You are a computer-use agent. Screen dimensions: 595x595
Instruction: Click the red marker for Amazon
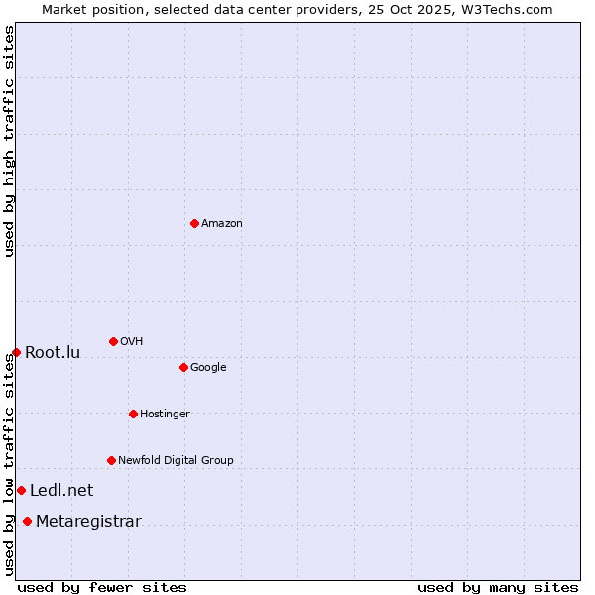194,223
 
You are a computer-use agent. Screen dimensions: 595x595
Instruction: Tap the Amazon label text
222,224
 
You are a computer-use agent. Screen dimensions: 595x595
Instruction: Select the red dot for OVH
113,341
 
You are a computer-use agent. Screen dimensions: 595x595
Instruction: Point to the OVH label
132,342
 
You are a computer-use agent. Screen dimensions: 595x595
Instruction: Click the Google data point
183,367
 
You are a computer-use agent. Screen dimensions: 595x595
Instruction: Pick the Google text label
208,368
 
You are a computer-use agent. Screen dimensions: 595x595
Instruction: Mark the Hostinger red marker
133,414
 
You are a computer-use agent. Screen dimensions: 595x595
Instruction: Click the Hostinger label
165,415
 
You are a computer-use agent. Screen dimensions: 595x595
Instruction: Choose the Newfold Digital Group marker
111,460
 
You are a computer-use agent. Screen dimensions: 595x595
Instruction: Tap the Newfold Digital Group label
176,461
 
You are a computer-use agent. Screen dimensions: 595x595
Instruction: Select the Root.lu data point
16,352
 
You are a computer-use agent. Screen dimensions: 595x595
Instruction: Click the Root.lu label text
53,353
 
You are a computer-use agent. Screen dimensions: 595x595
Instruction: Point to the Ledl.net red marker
21,490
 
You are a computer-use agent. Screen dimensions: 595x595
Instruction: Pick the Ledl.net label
61,491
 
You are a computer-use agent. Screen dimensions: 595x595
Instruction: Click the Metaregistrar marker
27,521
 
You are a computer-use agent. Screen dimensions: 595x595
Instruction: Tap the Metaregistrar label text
88,522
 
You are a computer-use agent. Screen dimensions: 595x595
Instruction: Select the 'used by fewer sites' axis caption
102,587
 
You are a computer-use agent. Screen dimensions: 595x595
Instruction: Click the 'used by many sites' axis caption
498,587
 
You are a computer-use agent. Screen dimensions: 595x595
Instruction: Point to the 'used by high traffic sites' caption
9,141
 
